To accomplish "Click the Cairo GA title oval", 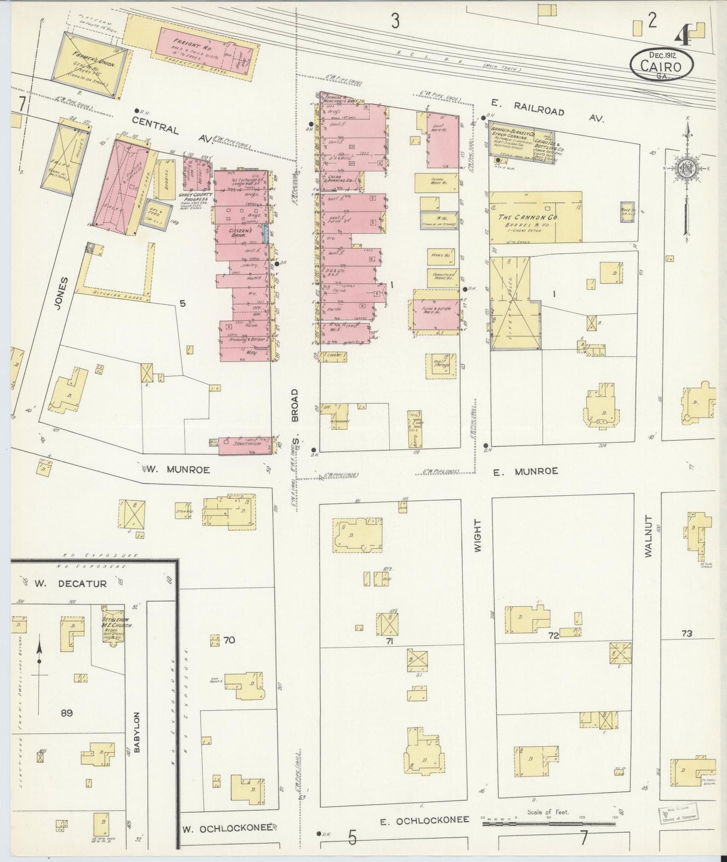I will [x=661, y=65].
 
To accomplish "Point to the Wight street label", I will [x=477, y=537].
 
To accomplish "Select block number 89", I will [x=67, y=713].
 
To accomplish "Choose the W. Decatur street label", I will [x=70, y=584].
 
